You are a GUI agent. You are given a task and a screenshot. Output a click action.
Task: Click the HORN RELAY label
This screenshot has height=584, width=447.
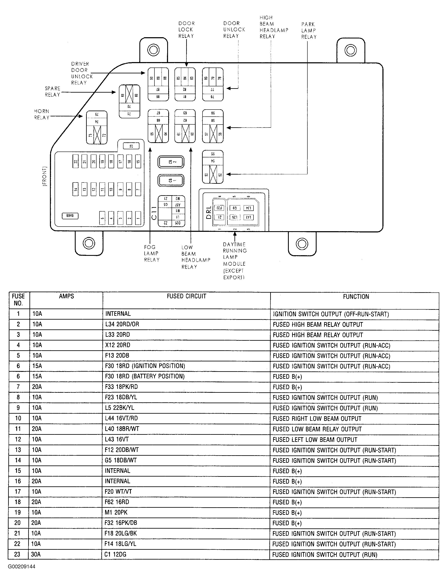42,114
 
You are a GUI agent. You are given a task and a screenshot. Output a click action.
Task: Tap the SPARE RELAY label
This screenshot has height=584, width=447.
52,92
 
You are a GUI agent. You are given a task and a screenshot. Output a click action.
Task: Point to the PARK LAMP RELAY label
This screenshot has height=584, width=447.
309,31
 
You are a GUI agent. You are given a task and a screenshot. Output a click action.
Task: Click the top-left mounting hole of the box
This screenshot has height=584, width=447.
154,50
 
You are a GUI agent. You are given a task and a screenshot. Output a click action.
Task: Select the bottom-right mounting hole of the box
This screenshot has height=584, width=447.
302,244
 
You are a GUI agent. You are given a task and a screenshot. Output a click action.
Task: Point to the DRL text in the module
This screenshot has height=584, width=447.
209,212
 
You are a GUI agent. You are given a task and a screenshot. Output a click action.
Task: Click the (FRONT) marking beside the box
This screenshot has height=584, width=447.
45,176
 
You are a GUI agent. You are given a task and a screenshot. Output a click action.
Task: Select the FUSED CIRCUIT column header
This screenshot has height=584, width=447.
186,296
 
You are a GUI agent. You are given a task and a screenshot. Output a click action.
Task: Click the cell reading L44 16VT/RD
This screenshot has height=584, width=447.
121,418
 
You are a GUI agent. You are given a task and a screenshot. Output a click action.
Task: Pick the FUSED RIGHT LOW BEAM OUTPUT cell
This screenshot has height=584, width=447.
317,418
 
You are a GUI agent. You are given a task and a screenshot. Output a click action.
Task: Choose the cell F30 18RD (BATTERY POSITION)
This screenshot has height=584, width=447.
145,376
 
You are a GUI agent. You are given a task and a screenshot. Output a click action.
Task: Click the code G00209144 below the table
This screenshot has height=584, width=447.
22,566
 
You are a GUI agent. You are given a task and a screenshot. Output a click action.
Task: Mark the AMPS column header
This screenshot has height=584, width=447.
66,296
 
